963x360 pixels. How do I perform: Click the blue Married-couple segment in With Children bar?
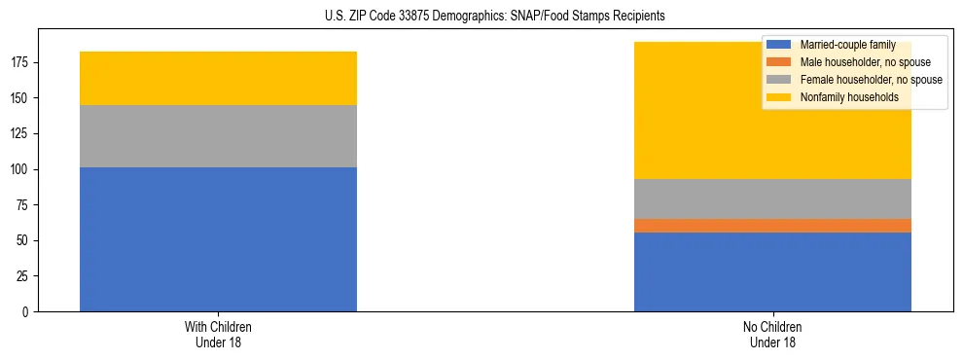click(218, 239)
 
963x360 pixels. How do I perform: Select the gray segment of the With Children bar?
click(218, 136)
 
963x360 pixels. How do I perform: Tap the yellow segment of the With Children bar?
click(218, 78)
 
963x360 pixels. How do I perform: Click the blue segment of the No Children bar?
click(772, 272)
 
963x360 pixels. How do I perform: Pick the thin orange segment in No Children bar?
click(772, 226)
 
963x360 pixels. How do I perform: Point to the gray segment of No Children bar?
click(772, 199)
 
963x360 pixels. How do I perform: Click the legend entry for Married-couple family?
click(841, 45)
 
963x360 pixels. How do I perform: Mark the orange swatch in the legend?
click(779, 62)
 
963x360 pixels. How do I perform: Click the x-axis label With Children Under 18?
click(218, 334)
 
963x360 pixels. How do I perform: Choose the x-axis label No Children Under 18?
click(772, 334)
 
